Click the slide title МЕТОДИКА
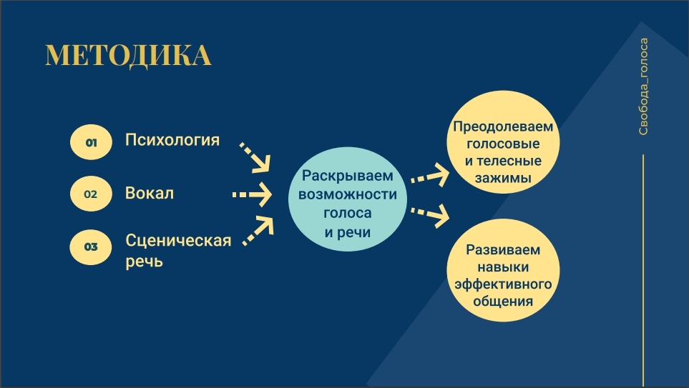128,55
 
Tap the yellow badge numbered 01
91,142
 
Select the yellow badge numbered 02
91,194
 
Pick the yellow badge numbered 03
91,247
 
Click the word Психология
172,140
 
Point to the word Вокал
150,193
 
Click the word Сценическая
178,241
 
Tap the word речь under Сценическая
144,262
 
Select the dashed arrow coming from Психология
255,157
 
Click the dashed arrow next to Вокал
253,194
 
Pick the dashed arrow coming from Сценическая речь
258,230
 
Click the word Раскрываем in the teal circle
348,176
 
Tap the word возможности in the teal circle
348,194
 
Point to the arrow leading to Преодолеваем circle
430,174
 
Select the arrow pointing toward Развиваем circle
430,215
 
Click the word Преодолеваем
503,127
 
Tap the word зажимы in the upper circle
503,178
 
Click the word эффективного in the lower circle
503,284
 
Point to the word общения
503,301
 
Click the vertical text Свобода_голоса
643,86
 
